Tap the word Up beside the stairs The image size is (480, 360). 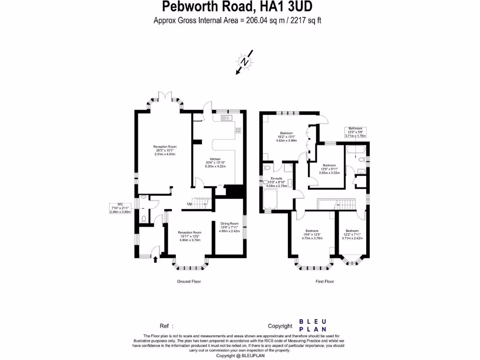tap(189, 204)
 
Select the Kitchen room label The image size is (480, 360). tap(215, 162)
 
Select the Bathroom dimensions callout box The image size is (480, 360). tap(356, 132)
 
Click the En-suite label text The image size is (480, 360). tap(276, 179)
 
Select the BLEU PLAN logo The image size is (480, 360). tap(313, 325)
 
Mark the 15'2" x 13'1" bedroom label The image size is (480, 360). tap(286, 136)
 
